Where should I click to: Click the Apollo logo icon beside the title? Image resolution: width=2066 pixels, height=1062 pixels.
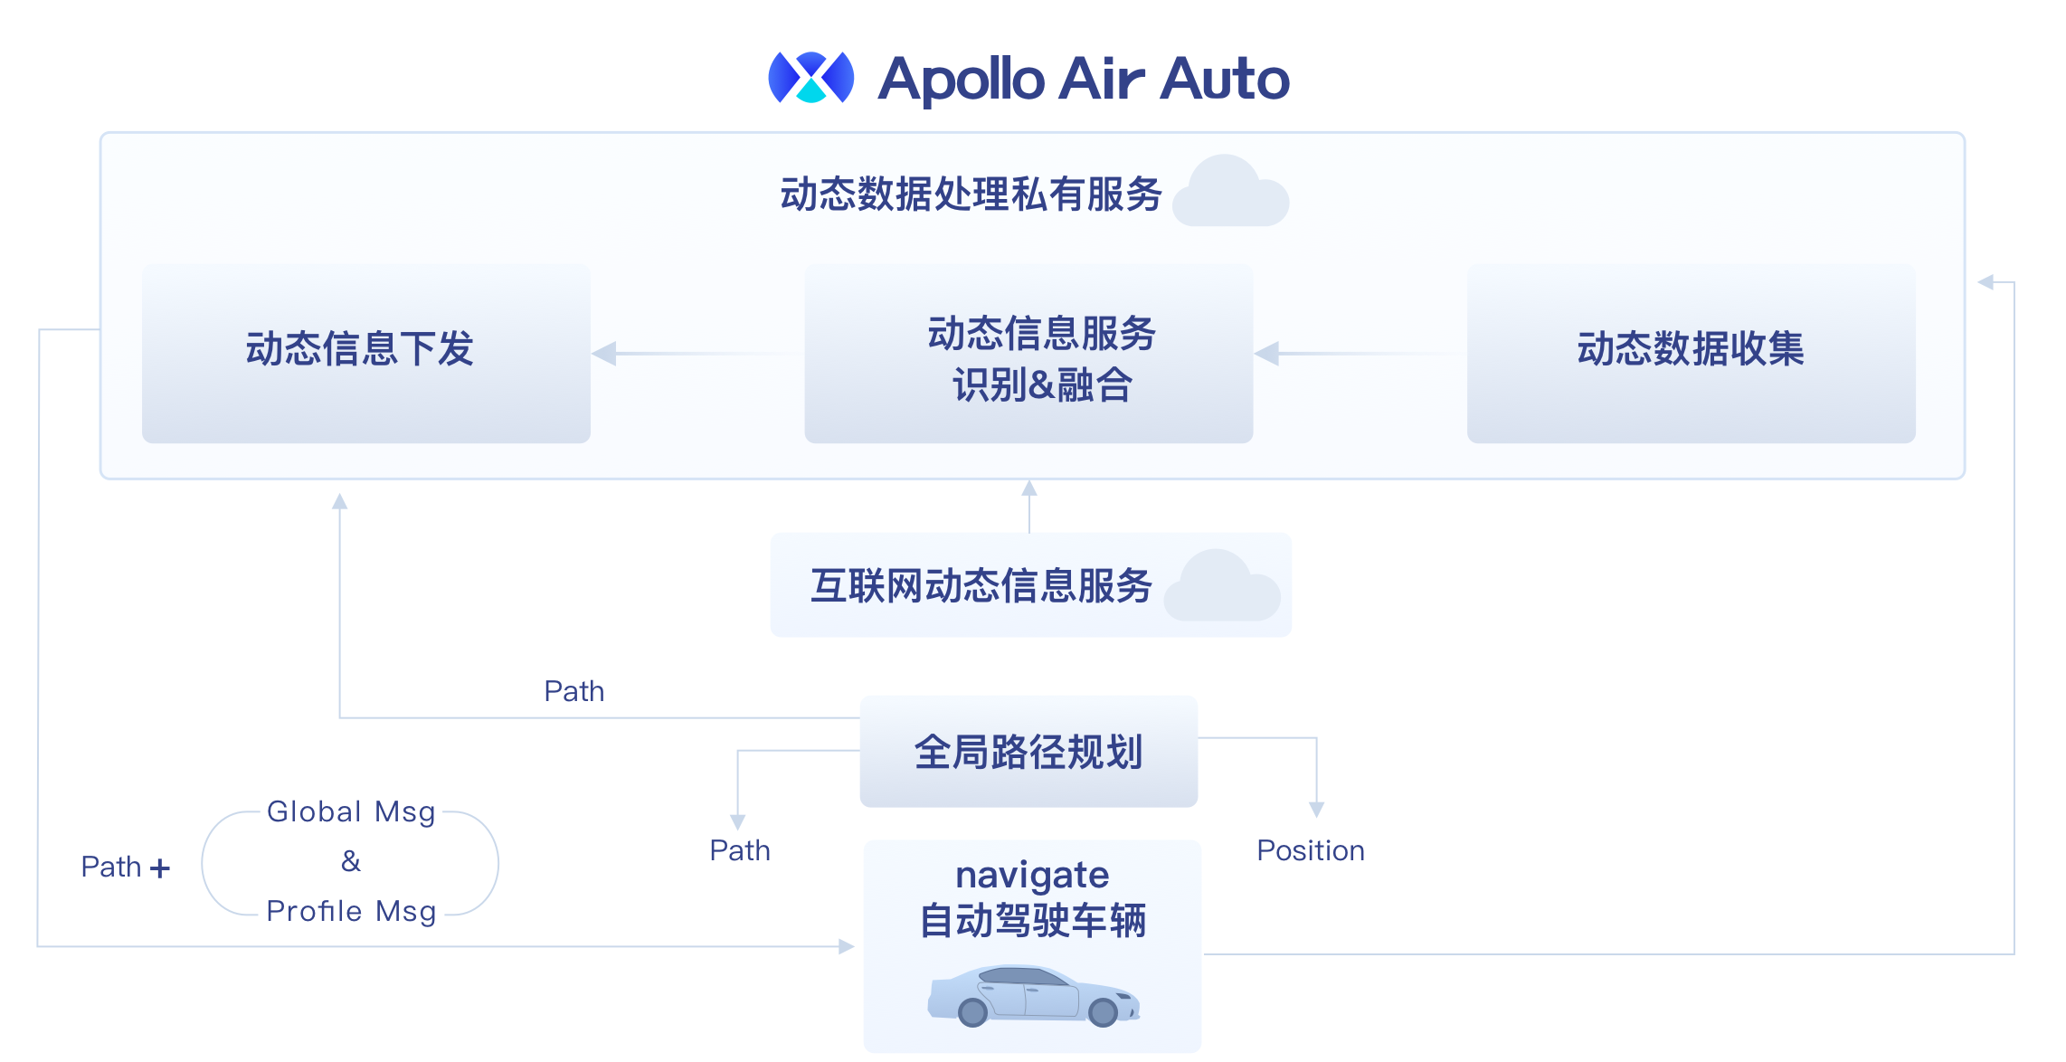810,78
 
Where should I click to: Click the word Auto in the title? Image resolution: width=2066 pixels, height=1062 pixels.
1225,80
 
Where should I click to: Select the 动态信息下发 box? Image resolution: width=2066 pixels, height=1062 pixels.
365,353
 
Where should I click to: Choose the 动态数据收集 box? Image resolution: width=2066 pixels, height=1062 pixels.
1691,353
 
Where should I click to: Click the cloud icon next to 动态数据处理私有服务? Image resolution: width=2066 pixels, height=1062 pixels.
1231,193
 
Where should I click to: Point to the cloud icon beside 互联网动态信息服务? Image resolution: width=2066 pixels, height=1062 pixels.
1222,587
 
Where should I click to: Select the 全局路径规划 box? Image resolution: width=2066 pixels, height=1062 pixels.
1028,752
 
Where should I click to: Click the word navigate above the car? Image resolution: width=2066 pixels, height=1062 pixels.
1032,875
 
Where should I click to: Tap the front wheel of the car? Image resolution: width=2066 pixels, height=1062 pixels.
1103,1012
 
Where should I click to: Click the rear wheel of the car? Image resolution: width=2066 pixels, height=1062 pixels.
972,1012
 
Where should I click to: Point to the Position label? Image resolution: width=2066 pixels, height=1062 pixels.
1311,850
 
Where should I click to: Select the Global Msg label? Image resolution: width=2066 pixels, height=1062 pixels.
351,811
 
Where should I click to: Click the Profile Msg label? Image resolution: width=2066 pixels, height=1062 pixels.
351,911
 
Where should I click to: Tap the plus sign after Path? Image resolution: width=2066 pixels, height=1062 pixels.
160,868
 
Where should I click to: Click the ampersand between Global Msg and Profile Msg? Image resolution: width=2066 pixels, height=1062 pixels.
351,861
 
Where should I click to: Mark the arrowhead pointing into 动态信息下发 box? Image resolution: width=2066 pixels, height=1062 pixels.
603,354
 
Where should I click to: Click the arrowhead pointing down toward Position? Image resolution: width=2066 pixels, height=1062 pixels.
1316,809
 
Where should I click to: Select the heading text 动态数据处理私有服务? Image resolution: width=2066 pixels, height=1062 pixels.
971,194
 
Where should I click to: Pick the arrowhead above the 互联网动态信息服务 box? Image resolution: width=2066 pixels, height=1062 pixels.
1029,488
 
